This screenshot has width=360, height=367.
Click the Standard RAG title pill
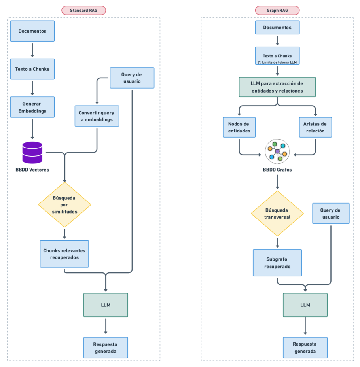click(x=83, y=11)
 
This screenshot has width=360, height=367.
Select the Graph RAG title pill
click(x=277, y=11)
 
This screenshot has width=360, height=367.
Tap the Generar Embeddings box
click(x=32, y=107)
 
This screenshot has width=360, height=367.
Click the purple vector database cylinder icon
click(x=32, y=152)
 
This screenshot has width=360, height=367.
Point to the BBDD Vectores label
click(x=32, y=170)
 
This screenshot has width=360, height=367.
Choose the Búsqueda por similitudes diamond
click(x=64, y=204)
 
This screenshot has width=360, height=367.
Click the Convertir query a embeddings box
click(x=97, y=116)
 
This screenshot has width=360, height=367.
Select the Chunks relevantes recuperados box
click(x=64, y=254)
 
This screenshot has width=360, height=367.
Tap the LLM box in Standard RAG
click(x=106, y=305)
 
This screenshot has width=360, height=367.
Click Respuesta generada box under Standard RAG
click(x=106, y=348)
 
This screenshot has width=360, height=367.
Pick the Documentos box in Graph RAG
click(x=277, y=28)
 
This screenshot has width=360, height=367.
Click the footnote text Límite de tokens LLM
click(x=277, y=62)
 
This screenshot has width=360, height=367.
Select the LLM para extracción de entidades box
click(x=277, y=87)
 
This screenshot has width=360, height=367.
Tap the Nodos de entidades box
click(x=239, y=127)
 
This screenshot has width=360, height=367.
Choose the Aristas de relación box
click(x=315, y=127)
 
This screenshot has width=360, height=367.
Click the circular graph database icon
click(x=277, y=152)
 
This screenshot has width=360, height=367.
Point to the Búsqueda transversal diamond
click(x=277, y=214)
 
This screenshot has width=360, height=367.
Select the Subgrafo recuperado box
click(x=277, y=263)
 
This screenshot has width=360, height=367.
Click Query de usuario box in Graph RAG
click(x=330, y=214)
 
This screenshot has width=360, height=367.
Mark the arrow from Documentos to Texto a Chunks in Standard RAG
click(x=32, y=50)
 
